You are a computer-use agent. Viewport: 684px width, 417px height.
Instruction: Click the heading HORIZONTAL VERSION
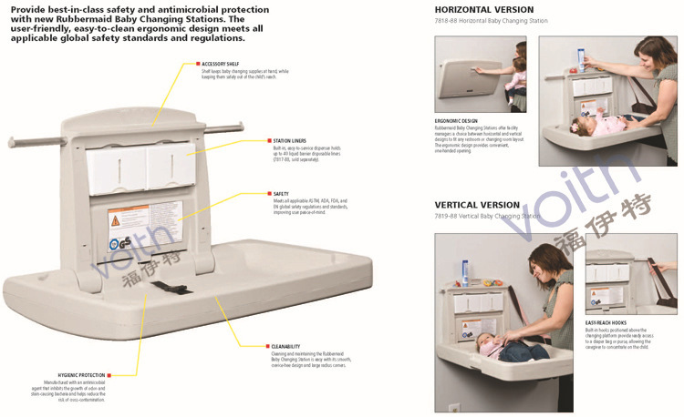[x=483, y=10]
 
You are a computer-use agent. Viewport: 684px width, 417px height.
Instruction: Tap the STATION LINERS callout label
[x=289, y=141]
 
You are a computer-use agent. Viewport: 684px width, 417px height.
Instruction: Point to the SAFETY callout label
[x=280, y=194]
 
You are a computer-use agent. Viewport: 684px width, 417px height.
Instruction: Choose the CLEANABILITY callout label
[x=285, y=347]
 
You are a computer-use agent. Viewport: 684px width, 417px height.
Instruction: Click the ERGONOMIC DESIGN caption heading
[x=456, y=119]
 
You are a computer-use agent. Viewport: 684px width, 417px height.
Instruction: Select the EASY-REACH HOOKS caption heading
[x=607, y=322]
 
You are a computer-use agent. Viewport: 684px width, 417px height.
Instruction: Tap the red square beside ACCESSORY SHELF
[x=198, y=64]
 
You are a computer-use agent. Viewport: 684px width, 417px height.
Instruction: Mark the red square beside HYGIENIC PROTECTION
[x=109, y=375]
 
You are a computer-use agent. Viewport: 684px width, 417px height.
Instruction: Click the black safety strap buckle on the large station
[x=165, y=288]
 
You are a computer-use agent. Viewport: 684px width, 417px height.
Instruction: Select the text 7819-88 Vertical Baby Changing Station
[x=487, y=217]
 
